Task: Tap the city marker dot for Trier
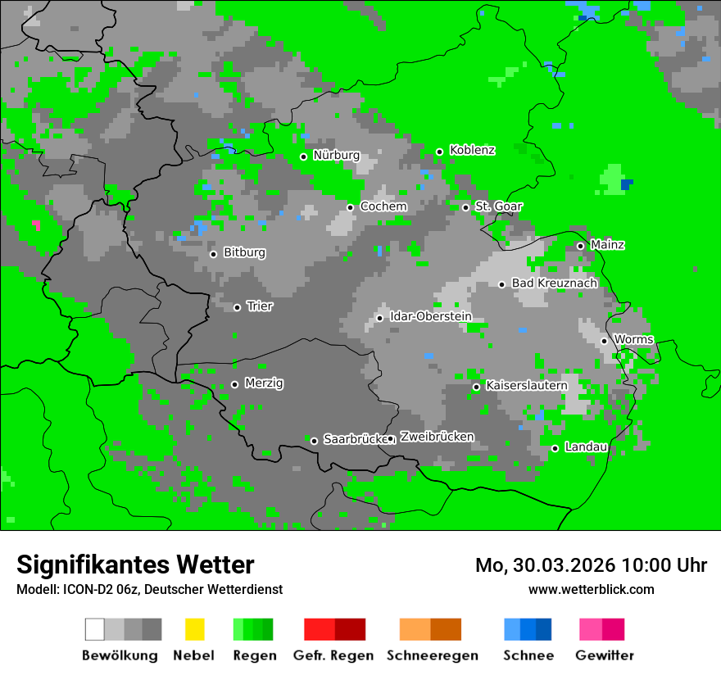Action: (238, 307)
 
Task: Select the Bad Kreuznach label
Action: (554, 283)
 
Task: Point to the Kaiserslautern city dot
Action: (476, 387)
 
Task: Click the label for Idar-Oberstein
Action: (430, 316)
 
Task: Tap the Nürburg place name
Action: (336, 155)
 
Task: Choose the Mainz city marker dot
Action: (580, 246)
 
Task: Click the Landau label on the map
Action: (586, 447)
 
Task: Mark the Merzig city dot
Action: (234, 384)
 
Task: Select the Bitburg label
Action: (244, 252)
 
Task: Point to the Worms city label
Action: (633, 339)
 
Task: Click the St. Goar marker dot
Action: (465, 207)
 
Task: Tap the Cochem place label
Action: (383, 206)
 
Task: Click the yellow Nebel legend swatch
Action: (194, 629)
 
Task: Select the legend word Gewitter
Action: (604, 655)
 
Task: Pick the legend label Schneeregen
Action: (432, 655)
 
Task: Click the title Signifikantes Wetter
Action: (135, 565)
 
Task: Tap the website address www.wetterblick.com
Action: (591, 589)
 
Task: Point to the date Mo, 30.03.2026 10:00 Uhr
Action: (591, 565)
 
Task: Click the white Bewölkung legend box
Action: (94, 629)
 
